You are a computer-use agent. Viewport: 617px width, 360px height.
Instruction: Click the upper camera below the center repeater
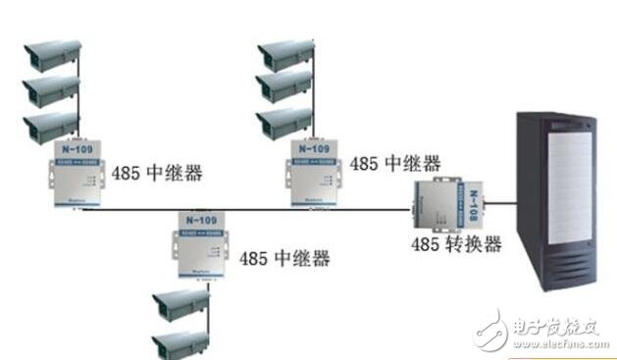point(182,306)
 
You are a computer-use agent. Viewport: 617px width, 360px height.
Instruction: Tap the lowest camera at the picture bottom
point(182,342)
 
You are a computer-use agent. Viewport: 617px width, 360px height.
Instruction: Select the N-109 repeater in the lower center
point(206,245)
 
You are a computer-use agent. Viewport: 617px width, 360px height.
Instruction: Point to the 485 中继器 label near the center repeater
point(288,259)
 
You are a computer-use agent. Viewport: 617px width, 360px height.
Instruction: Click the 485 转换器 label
point(460,244)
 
